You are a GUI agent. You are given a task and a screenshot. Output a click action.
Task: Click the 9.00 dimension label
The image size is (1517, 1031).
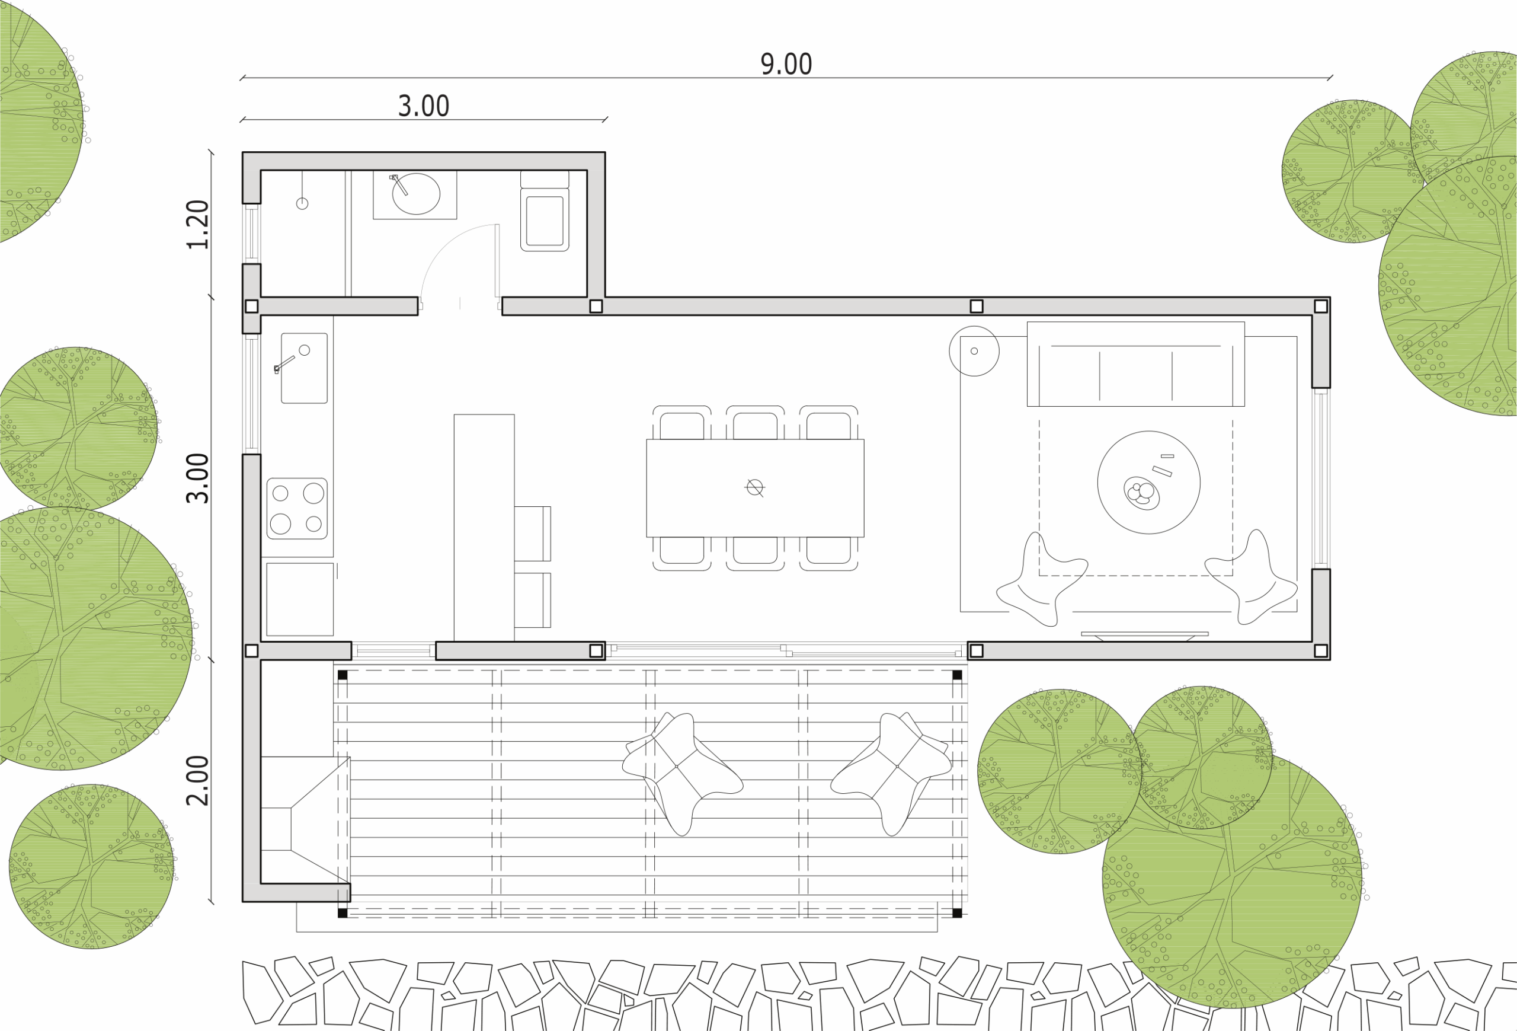tap(786, 65)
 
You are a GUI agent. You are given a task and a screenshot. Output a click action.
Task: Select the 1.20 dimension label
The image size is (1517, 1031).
tap(198, 225)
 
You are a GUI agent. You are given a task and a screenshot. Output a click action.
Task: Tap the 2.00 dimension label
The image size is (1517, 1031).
tap(198, 781)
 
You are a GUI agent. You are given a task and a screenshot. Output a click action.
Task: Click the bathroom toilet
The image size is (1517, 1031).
tap(545, 211)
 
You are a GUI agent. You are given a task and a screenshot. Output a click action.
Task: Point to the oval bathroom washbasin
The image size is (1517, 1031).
tap(416, 194)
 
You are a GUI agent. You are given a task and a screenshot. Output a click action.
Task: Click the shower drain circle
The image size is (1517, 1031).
tap(302, 204)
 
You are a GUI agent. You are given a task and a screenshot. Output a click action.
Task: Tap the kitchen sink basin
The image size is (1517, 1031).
tap(304, 368)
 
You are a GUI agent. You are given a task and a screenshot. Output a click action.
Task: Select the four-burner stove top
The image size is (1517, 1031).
tap(297, 509)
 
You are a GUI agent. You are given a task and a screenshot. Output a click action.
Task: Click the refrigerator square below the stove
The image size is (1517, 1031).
tap(300, 599)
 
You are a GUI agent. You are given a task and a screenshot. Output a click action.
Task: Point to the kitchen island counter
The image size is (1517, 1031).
tap(484, 528)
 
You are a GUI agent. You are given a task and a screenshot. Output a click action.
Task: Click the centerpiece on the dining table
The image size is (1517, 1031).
tap(754, 487)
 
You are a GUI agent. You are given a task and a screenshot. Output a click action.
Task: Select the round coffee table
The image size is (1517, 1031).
tap(1149, 483)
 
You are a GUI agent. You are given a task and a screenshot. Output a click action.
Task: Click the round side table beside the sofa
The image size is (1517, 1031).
tap(974, 352)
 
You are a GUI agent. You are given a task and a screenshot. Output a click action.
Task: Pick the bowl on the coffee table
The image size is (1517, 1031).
tap(1142, 494)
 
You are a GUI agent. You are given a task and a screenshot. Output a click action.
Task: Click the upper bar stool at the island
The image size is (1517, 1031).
tap(533, 534)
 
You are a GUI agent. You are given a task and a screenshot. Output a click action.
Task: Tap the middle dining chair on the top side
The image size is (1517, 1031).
tap(755, 423)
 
